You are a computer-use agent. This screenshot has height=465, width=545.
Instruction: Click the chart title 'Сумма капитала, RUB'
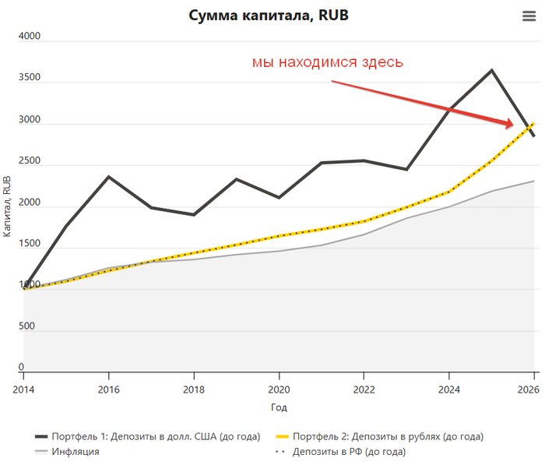coord(266,16)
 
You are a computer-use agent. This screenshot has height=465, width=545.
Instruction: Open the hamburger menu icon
coord(529,16)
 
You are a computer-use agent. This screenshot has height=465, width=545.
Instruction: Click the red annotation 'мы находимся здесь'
coord(327,62)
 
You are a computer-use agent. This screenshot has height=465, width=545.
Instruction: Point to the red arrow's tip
coord(512,125)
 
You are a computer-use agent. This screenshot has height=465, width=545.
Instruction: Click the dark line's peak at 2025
coord(491,70)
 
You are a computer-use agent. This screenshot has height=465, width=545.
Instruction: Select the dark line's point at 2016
coord(109,177)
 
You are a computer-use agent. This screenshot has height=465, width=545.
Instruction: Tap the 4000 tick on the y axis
coord(30,36)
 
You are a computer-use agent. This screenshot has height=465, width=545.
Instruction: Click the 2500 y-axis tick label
coord(30,160)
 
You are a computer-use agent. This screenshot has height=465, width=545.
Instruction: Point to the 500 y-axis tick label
coord(26,326)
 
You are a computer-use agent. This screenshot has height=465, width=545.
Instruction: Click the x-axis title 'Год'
coord(279,407)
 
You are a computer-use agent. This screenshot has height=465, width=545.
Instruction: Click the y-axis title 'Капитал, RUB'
coord(7,206)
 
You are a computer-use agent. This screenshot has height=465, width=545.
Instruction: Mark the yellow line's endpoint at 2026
coord(533,124)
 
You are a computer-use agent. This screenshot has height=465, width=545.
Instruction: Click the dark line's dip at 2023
coord(406,169)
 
